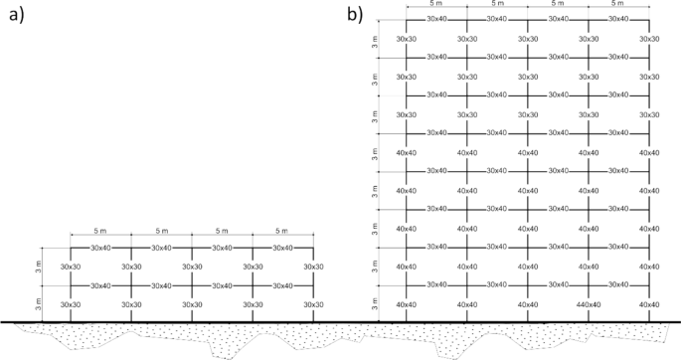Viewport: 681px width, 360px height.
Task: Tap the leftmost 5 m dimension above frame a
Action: (x=100, y=231)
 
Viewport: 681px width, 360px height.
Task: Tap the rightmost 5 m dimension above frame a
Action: (x=282, y=231)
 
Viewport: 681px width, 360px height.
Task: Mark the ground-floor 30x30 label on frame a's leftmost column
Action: (x=70, y=304)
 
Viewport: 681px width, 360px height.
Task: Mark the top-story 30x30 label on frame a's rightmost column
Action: (x=312, y=267)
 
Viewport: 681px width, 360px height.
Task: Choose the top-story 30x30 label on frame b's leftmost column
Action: (x=406, y=39)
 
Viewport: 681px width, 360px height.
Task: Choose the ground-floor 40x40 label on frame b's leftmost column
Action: (x=406, y=304)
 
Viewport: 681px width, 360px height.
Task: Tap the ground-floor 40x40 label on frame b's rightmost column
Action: (x=648, y=304)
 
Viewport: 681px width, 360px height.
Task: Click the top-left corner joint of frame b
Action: (x=406, y=20)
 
